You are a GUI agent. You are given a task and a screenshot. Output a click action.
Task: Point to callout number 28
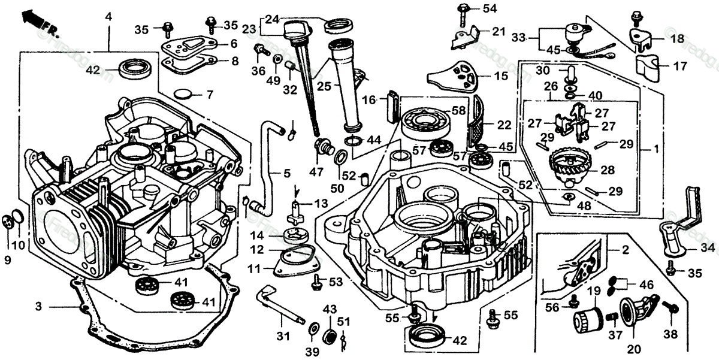(x=608, y=170)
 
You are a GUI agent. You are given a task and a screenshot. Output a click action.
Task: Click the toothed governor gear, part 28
(x=570, y=162)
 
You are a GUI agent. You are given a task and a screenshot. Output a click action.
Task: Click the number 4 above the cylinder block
(x=108, y=17)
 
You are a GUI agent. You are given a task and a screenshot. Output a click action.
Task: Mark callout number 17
(x=679, y=66)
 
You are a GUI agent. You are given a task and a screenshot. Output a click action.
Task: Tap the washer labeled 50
(x=339, y=158)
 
